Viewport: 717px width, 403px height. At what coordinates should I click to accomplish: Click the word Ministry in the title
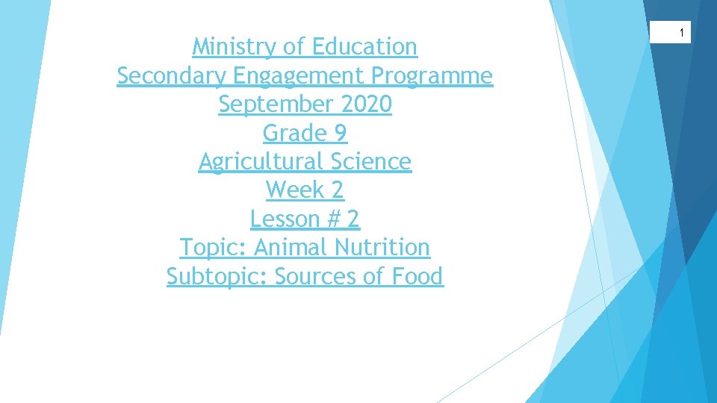tap(235, 47)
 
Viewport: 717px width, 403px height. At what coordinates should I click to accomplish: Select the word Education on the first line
tap(364, 47)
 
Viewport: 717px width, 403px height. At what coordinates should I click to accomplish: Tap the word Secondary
tap(172, 76)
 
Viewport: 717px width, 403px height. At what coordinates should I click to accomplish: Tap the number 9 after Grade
tap(340, 134)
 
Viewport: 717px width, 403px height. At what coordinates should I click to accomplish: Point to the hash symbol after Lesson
tap(333, 219)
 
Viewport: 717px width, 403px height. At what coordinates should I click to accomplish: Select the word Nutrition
tap(382, 247)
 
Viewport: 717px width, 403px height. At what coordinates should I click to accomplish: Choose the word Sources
tap(316, 277)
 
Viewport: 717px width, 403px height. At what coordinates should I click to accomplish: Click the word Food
tap(415, 276)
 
